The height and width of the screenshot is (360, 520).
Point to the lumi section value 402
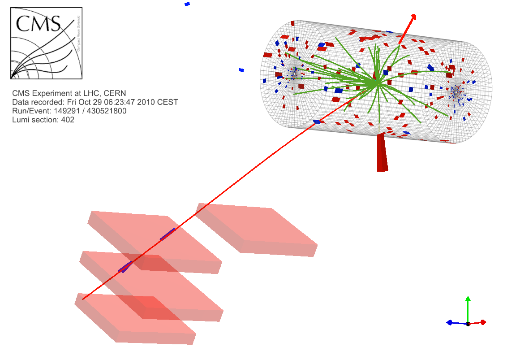[68, 120]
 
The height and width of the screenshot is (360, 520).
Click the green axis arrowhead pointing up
[468, 299]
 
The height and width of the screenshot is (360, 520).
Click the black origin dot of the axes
[468, 323]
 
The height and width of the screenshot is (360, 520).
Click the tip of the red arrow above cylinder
[414, 17]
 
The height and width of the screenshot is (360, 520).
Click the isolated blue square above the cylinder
[187, 4]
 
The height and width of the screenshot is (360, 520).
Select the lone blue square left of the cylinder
[241, 70]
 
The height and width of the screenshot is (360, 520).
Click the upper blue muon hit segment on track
[168, 234]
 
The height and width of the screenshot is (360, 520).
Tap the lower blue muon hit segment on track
[125, 267]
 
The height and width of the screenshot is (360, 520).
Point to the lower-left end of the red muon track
[83, 298]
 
